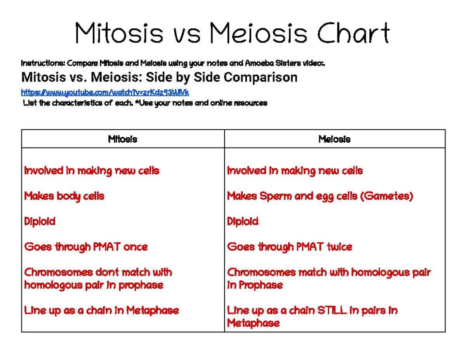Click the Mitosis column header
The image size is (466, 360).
coord(123,139)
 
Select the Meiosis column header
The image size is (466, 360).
coord(334,139)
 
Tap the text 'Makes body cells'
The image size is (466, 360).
coord(64,196)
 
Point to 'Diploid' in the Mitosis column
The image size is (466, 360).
coord(40,221)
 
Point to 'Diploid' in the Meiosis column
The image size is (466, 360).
coord(243,221)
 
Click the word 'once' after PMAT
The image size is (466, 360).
coord(135,247)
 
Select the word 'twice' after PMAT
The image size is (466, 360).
coord(339,247)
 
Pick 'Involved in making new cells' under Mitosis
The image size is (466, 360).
coord(92,170)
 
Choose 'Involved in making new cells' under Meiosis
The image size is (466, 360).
coord(295,170)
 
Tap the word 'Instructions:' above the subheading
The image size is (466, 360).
coord(43,63)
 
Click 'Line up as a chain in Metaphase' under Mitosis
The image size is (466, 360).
coord(101,310)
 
